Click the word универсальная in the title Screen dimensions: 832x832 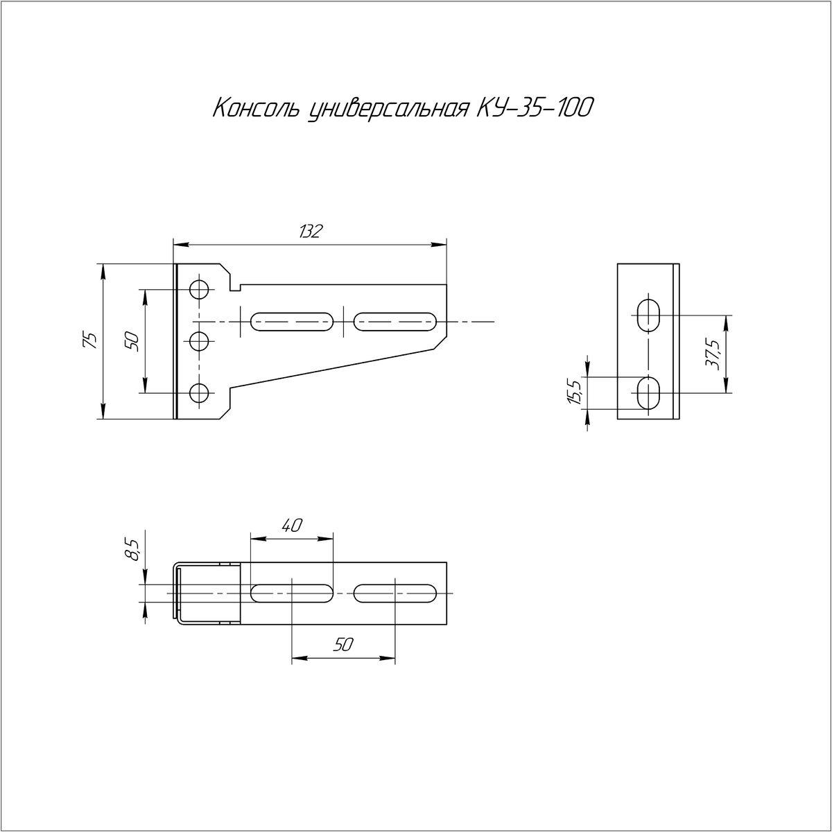(388, 110)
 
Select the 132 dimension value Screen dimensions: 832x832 (310, 232)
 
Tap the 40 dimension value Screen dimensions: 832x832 (293, 526)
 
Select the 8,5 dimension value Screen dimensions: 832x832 (134, 550)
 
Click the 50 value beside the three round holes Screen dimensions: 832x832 (133, 341)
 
